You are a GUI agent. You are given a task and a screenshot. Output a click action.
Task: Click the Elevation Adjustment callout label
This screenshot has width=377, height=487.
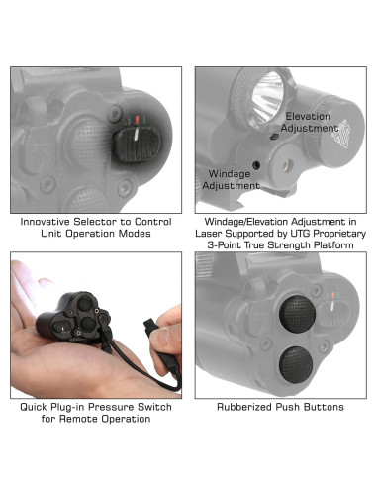tap(308, 123)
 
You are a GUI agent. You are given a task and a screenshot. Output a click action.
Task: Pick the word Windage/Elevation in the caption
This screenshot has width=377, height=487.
tap(247, 221)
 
